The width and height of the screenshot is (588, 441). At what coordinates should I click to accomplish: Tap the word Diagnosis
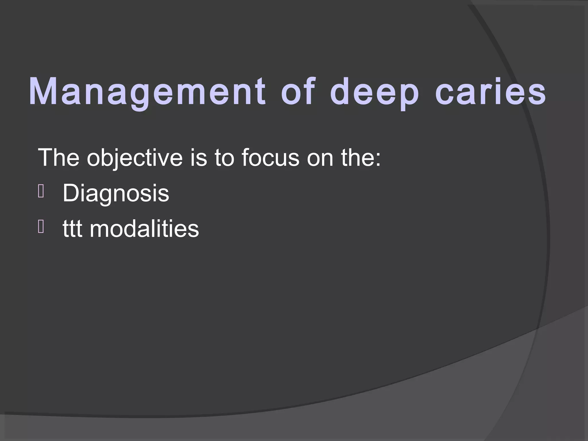(x=116, y=194)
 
